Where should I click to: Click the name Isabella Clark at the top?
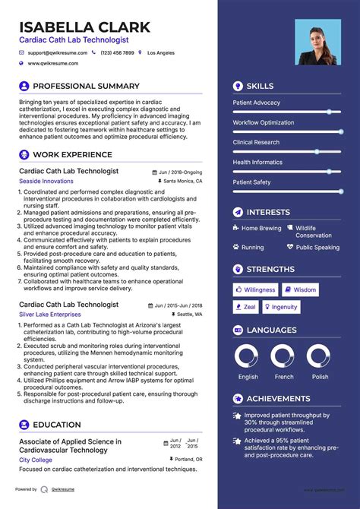85,27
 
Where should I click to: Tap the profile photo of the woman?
317,42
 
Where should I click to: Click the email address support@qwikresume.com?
58,53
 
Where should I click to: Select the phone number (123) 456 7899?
118,53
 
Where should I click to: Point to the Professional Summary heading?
86,87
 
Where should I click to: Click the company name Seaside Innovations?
46,182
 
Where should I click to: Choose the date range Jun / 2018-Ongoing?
180,172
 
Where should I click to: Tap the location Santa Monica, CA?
183,182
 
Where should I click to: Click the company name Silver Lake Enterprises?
49,314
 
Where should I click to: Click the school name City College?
36,460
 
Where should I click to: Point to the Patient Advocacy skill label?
256,103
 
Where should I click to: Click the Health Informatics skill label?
257,162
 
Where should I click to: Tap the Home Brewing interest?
261,228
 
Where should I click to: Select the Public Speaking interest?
317,248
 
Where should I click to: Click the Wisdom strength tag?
301,289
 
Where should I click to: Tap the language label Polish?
320,377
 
